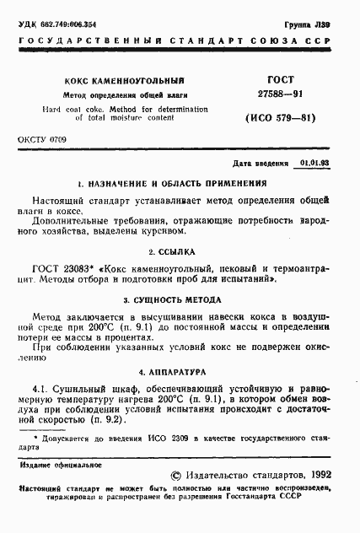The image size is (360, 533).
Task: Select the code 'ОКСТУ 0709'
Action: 40,138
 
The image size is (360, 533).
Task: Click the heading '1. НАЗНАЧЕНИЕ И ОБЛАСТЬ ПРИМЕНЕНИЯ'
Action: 172,182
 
